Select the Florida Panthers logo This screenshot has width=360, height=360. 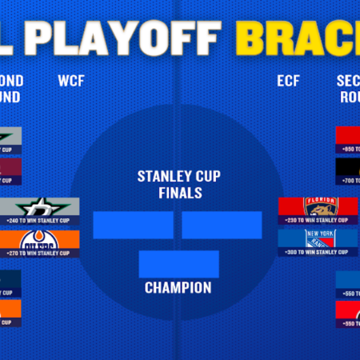pos(318,208)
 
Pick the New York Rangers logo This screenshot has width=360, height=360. pos(318,239)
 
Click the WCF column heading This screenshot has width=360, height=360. pos(71,80)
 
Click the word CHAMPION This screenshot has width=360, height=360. pos(178,287)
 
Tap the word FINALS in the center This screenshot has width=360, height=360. pos(178,193)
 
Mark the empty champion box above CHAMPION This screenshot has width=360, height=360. pos(178,263)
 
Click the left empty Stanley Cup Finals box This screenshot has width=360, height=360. pos(132,225)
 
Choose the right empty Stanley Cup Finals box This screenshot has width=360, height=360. pos(222,225)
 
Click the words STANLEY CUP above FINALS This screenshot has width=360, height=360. pos(178,177)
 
